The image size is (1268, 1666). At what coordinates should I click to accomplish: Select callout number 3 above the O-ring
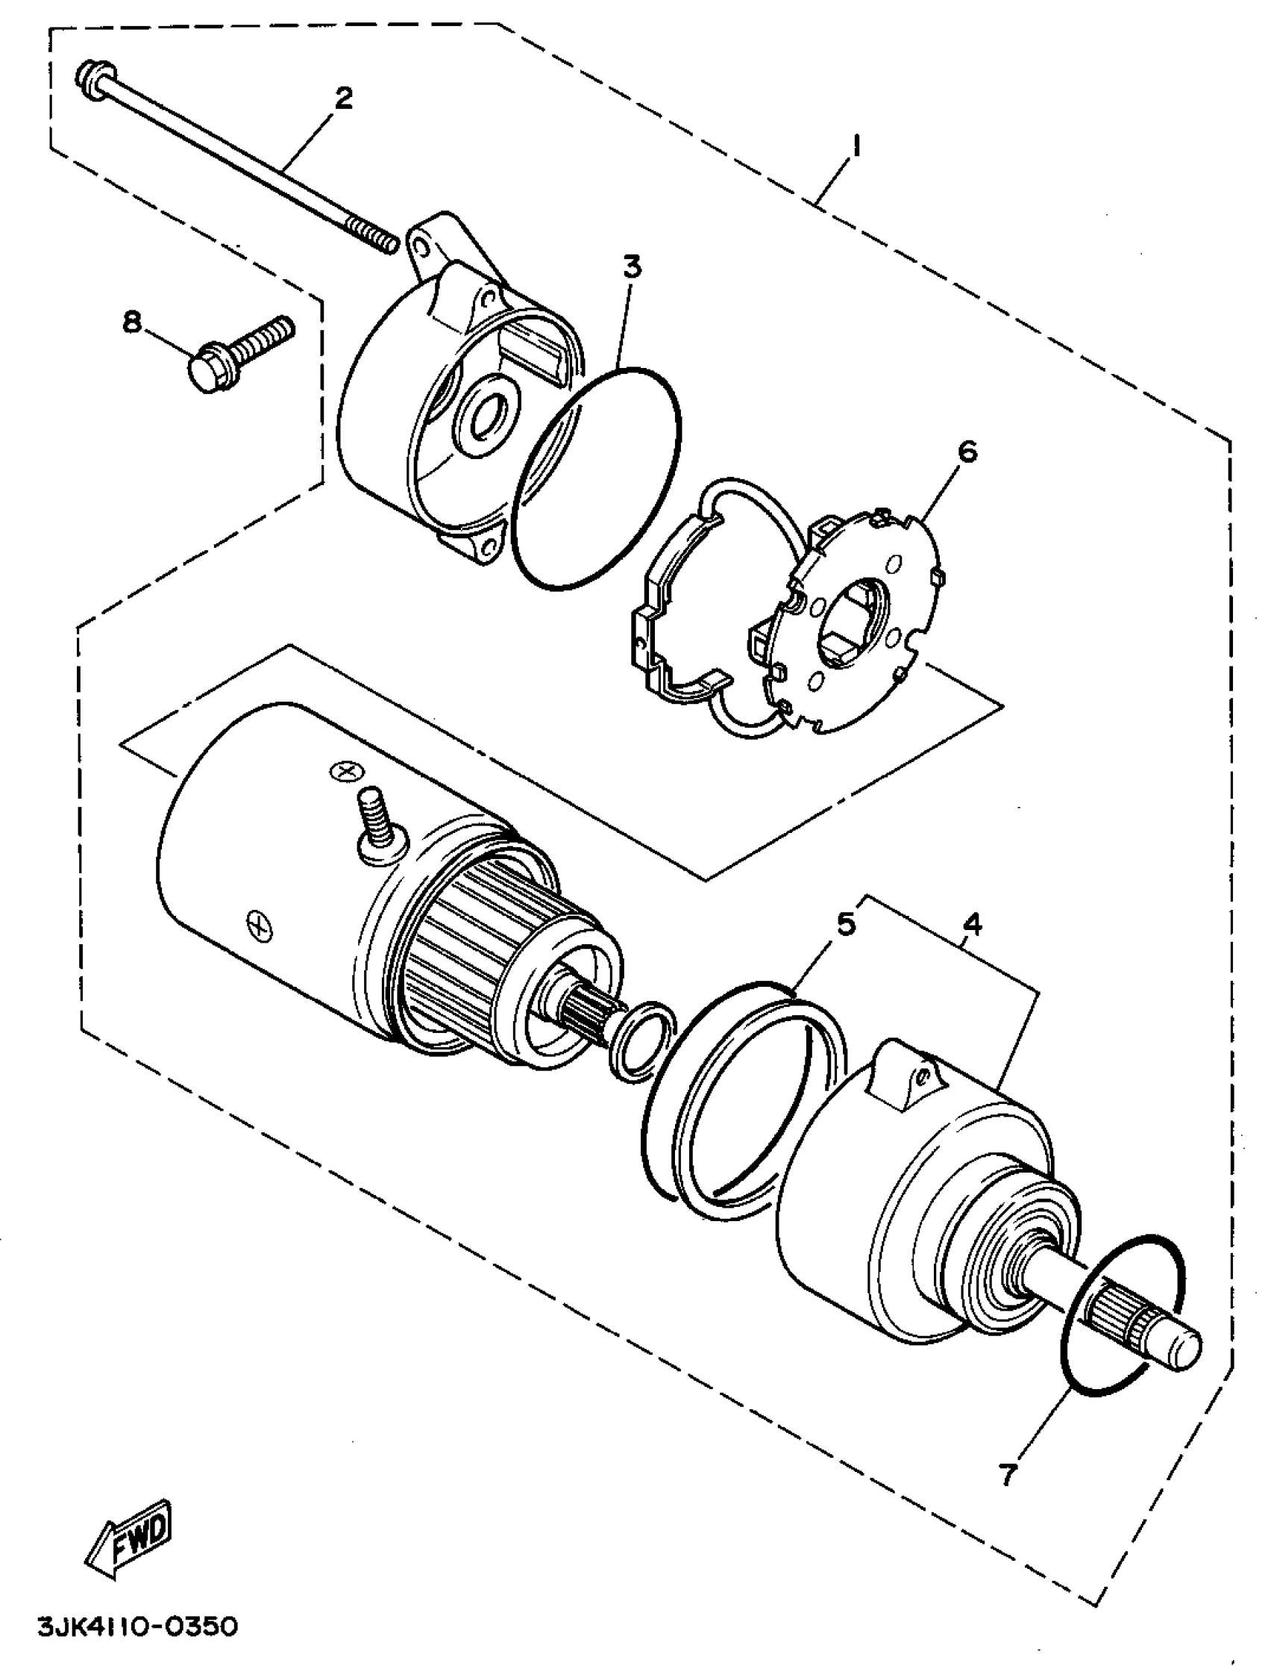click(x=632, y=266)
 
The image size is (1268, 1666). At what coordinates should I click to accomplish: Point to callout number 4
click(x=973, y=923)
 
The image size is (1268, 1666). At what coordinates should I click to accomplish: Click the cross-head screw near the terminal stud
click(x=346, y=771)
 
